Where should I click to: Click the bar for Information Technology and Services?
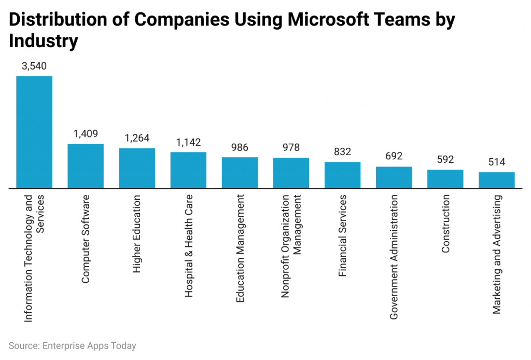[x=34, y=132]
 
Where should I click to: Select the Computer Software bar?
[x=86, y=165]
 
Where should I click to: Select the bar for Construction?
[x=445, y=178]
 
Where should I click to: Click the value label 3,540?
[x=34, y=66]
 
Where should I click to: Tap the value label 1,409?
[x=86, y=134]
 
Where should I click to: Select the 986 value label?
[x=240, y=147]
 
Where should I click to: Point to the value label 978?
[x=291, y=147]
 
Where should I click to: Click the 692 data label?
[x=394, y=156]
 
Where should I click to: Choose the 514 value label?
[x=496, y=162]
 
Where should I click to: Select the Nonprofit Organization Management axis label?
[x=291, y=246]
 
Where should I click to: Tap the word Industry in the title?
[x=44, y=41]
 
